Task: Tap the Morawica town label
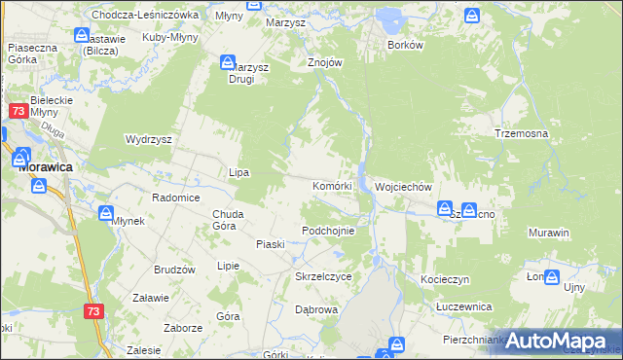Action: (x=49, y=167)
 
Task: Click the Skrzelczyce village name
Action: (x=323, y=276)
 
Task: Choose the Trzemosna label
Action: (x=522, y=133)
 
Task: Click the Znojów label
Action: (x=326, y=62)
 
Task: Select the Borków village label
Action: (x=405, y=46)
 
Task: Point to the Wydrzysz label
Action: (x=149, y=139)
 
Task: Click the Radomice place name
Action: (x=176, y=198)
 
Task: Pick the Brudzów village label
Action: (x=175, y=270)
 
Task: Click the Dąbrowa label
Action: (x=315, y=309)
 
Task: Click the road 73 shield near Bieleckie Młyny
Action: (x=18, y=112)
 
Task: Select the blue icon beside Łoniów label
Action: (x=552, y=277)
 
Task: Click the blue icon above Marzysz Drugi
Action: (x=223, y=63)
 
